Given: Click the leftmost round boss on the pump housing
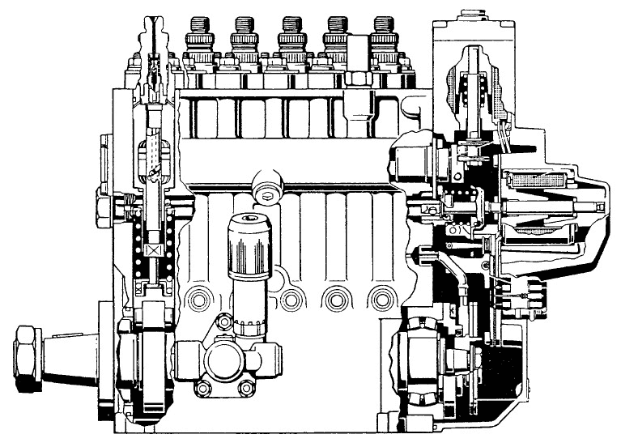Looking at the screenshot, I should pyautogui.click(x=196, y=300).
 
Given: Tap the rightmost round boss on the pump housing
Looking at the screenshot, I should pyautogui.click(x=381, y=300).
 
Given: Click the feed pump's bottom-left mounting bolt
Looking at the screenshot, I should pyautogui.click(x=203, y=388).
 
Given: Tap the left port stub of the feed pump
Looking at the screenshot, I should pyautogui.click(x=183, y=356).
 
